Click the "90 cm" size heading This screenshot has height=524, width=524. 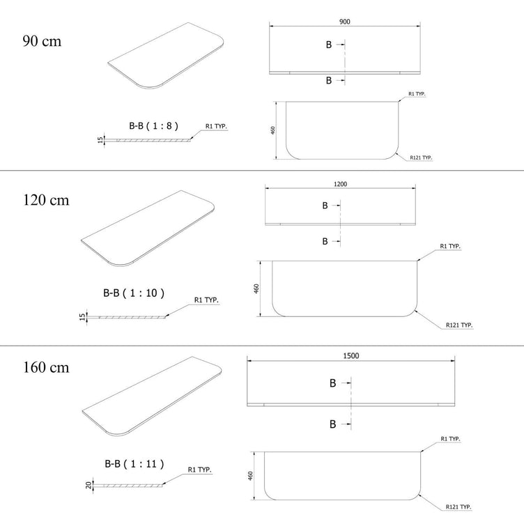point(42,41)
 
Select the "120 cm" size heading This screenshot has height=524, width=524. point(46,200)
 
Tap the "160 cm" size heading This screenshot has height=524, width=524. point(46,367)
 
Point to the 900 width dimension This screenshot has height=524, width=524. point(345,22)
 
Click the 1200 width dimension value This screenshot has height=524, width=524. point(341,184)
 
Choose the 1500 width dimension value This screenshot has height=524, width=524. point(351,355)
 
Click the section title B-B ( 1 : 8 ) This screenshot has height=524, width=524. point(154,126)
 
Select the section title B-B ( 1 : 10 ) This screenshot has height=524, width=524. point(134,293)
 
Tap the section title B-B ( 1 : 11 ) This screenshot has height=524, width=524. point(134,464)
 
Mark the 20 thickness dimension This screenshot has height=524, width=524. point(88,485)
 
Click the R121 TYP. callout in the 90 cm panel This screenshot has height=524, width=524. point(421,157)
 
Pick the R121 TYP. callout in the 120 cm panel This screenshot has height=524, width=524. point(459,325)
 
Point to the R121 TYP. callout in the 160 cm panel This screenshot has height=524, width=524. point(458,507)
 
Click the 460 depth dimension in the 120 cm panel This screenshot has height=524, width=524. point(256,288)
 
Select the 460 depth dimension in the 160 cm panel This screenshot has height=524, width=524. point(251,476)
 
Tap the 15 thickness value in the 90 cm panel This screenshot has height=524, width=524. point(100,140)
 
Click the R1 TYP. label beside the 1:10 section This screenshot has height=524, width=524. point(206,300)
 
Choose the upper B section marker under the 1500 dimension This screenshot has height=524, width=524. point(332,383)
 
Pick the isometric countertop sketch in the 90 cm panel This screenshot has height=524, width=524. point(166,56)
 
